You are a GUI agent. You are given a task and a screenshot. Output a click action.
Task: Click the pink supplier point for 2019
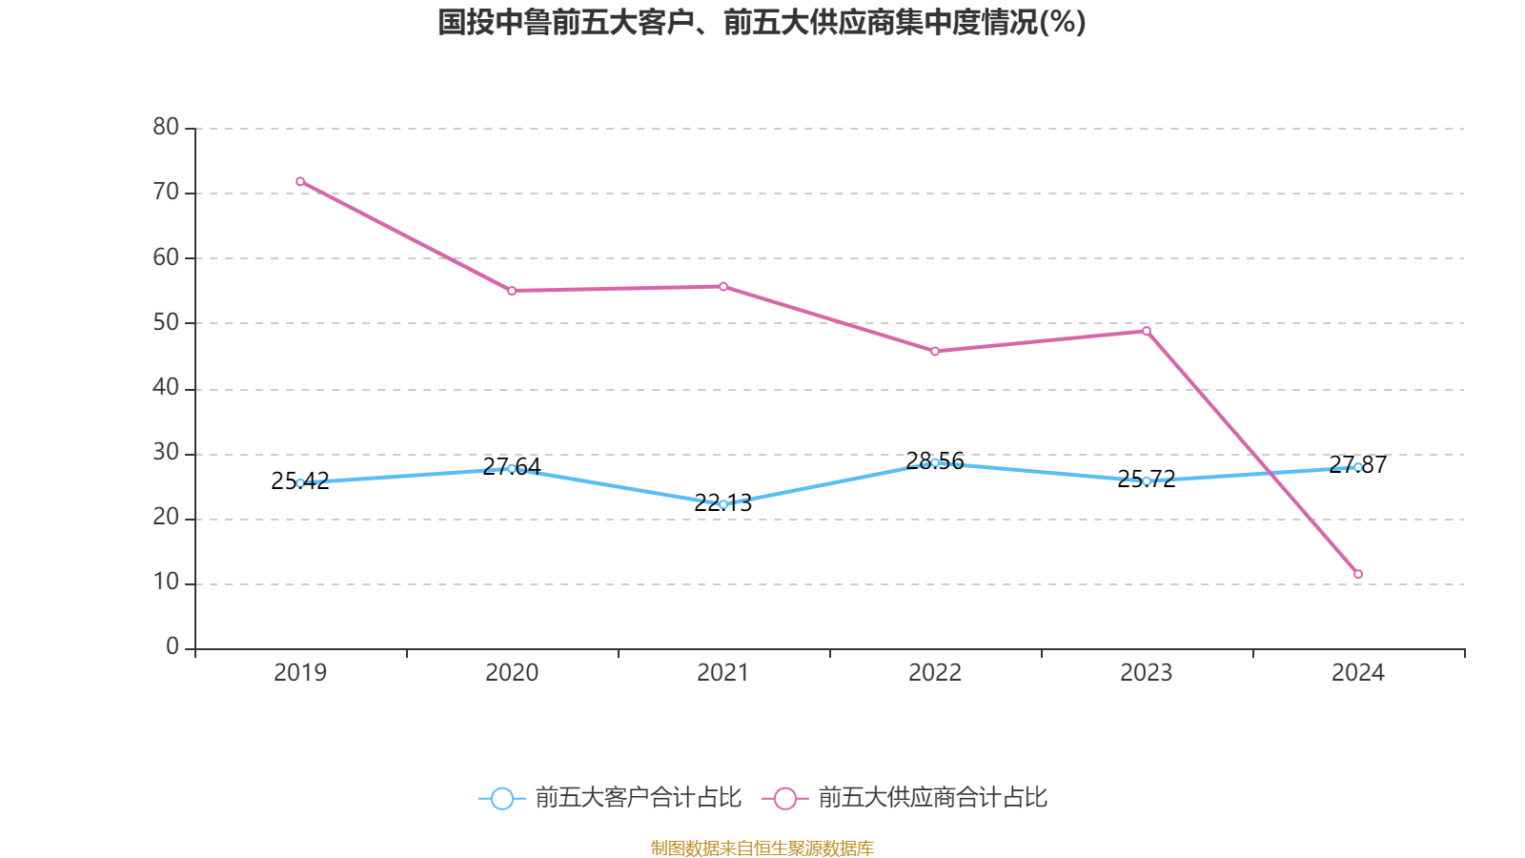300,181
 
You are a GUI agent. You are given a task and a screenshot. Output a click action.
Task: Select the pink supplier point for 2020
512,291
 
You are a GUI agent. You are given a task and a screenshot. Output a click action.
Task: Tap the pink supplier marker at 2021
723,286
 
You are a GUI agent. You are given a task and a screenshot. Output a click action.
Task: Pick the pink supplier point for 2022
935,351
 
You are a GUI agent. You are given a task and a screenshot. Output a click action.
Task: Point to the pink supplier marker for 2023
1147,331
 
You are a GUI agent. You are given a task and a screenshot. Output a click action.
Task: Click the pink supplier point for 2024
1358,574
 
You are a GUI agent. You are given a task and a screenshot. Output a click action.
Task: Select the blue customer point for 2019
300,483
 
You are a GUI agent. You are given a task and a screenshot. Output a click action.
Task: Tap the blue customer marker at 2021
723,504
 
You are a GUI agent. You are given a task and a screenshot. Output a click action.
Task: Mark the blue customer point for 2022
935,462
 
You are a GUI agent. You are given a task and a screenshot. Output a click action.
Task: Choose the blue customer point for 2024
1358,467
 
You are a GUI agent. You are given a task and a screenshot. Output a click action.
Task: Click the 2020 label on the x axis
512,673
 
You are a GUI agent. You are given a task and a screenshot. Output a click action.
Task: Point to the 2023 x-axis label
1147,673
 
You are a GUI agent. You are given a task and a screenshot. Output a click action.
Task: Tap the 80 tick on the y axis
166,127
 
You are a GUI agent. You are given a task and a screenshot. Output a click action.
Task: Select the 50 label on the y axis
166,322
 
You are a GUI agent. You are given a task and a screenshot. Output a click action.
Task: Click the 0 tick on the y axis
173,647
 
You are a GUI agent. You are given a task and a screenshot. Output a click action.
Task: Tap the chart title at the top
762,23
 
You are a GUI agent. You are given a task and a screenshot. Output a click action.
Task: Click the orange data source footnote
762,848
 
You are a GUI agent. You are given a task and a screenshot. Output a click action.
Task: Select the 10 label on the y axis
166,582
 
